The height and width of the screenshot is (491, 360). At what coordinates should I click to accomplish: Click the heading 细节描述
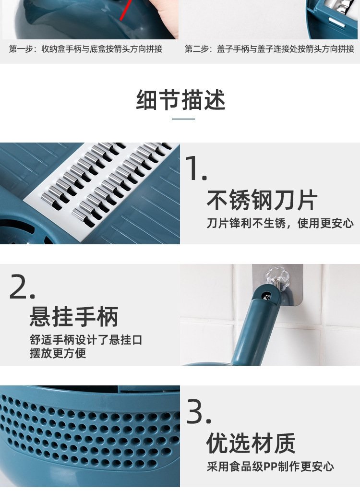(x=180, y=100)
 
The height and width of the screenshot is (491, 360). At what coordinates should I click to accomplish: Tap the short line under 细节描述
(x=183, y=119)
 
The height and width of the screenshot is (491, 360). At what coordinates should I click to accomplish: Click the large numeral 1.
(x=196, y=168)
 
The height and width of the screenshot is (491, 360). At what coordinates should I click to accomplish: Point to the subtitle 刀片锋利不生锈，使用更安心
(x=280, y=224)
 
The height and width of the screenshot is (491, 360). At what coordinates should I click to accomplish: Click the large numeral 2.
(x=22, y=286)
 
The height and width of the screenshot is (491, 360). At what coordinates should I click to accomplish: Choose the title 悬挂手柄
(x=74, y=317)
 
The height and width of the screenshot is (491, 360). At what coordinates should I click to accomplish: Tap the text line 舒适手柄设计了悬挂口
(x=86, y=340)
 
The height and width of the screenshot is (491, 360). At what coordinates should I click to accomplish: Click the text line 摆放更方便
(x=58, y=353)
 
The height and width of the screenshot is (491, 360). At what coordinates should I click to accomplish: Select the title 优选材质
(x=251, y=443)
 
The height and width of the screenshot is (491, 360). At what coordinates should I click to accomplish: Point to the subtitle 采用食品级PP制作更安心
(x=270, y=467)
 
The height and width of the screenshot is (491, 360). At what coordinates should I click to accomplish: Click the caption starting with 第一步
(x=85, y=49)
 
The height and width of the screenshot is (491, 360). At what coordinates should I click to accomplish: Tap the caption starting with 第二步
(x=269, y=49)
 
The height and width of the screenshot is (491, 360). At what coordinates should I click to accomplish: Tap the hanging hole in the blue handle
(x=266, y=296)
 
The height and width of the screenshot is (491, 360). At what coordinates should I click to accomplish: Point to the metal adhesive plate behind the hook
(x=277, y=286)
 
